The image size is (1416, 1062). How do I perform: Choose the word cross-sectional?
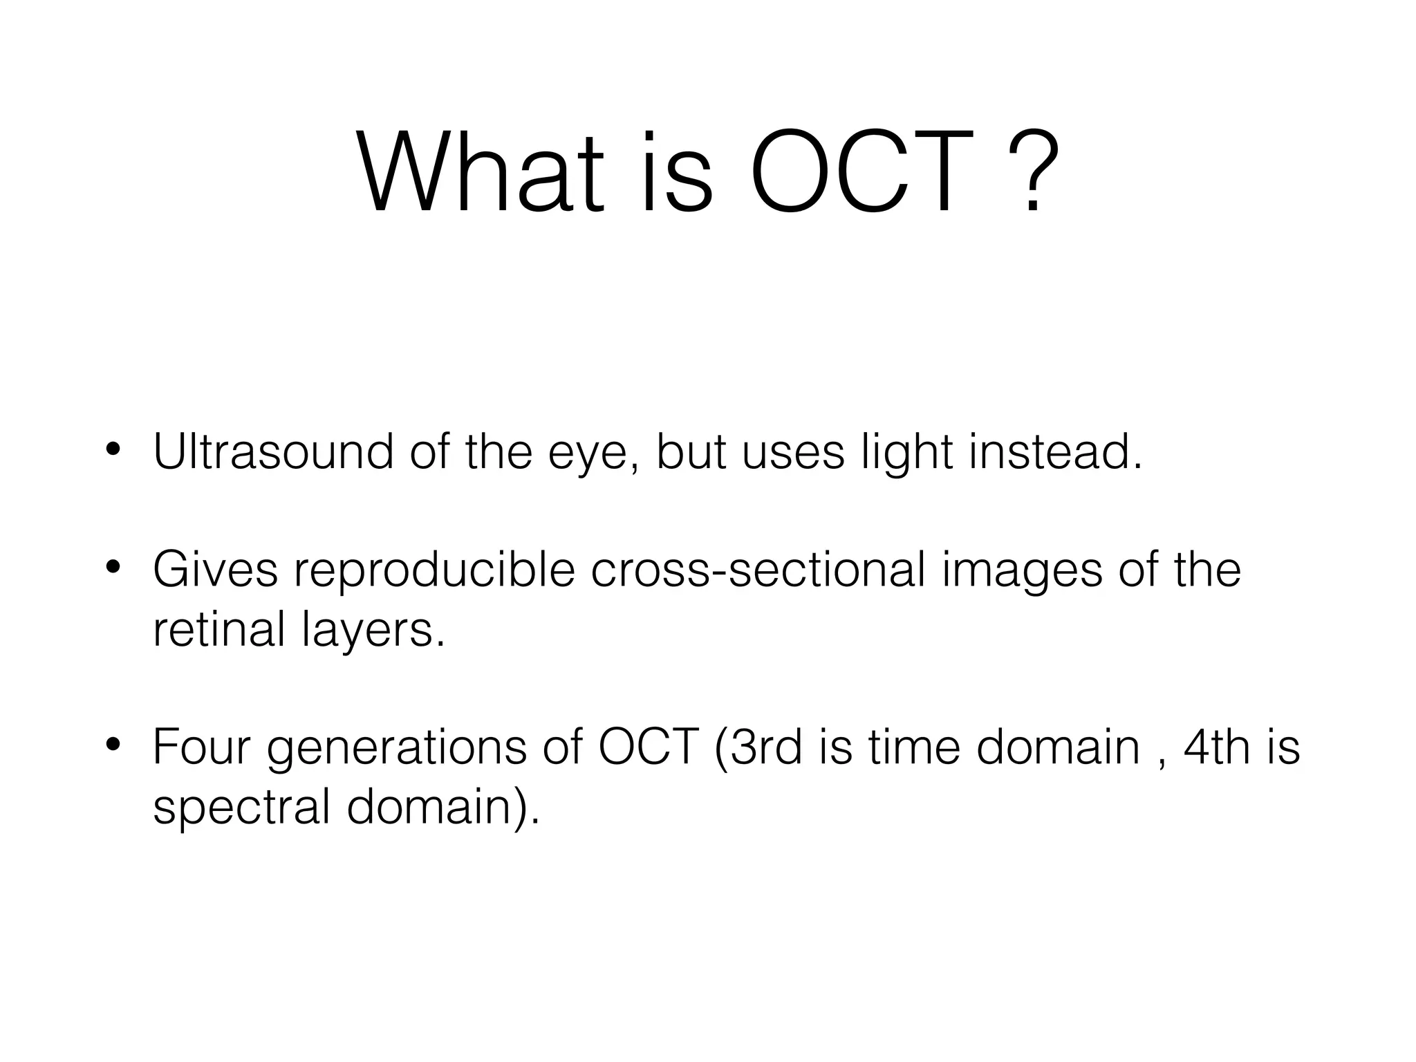tap(758, 571)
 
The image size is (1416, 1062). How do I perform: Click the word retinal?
tap(219, 630)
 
